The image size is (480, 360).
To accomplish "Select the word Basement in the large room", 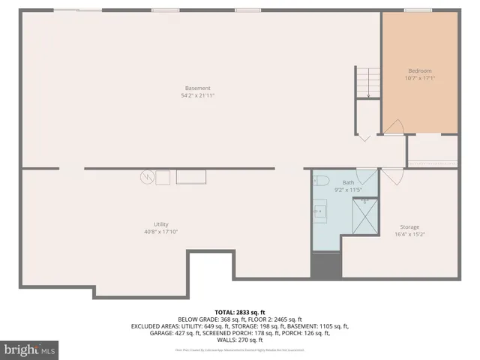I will click(x=199, y=88).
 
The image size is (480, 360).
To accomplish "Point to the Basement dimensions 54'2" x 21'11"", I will click(x=199, y=95).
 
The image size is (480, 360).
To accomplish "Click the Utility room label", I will click(x=160, y=224).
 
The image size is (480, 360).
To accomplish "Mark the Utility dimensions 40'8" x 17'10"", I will click(x=160, y=232).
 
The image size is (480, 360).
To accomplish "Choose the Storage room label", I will click(x=409, y=226).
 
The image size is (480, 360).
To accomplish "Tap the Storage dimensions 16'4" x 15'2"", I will click(x=409, y=234).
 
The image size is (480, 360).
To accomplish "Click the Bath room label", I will click(x=348, y=182).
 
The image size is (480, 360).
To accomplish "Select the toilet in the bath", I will click(x=321, y=180).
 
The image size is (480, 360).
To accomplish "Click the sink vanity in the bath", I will click(x=320, y=211).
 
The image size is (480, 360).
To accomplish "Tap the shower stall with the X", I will click(x=365, y=214).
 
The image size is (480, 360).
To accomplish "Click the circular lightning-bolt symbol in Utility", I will click(x=147, y=177).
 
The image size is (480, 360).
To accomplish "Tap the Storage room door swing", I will click(x=391, y=177).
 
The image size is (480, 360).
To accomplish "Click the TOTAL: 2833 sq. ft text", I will click(x=239, y=311).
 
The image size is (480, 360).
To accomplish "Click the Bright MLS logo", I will click(x=30, y=349).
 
